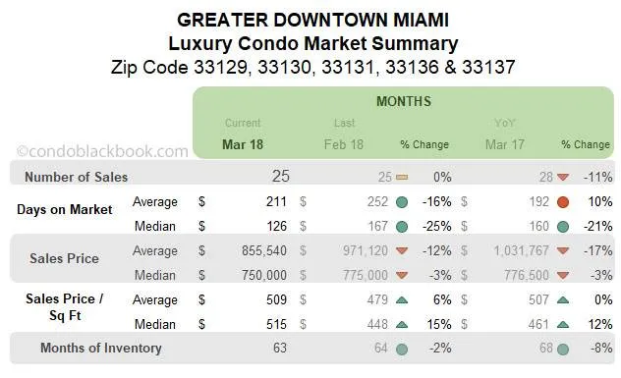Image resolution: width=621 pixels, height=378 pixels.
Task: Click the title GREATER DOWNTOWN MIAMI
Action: click(310, 19)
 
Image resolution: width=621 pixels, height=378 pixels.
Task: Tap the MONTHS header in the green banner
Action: click(403, 101)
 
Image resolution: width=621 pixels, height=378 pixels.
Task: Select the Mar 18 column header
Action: click(243, 144)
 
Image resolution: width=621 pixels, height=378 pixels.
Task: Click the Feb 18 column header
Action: click(344, 144)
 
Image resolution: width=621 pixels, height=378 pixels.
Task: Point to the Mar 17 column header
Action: click(505, 144)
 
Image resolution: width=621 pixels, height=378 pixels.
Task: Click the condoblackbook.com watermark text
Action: click(102, 151)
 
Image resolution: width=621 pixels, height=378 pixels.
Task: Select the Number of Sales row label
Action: click(76, 178)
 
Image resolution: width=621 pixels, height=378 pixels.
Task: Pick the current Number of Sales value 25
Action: click(282, 177)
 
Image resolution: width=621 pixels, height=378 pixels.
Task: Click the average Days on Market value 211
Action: click(275, 202)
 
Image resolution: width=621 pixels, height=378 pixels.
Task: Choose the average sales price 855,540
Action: click(257, 250)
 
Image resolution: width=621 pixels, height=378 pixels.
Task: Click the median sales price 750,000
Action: click(257, 275)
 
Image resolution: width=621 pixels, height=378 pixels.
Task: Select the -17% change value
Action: click(597, 250)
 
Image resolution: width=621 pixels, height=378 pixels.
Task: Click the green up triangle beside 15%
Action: click(402, 324)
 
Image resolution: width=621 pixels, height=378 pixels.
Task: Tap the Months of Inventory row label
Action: click(100, 348)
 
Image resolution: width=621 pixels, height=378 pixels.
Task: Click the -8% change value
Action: click(599, 348)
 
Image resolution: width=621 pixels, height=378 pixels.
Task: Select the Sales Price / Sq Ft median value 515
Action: click(275, 324)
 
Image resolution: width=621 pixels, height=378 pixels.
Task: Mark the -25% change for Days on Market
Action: click(435, 227)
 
